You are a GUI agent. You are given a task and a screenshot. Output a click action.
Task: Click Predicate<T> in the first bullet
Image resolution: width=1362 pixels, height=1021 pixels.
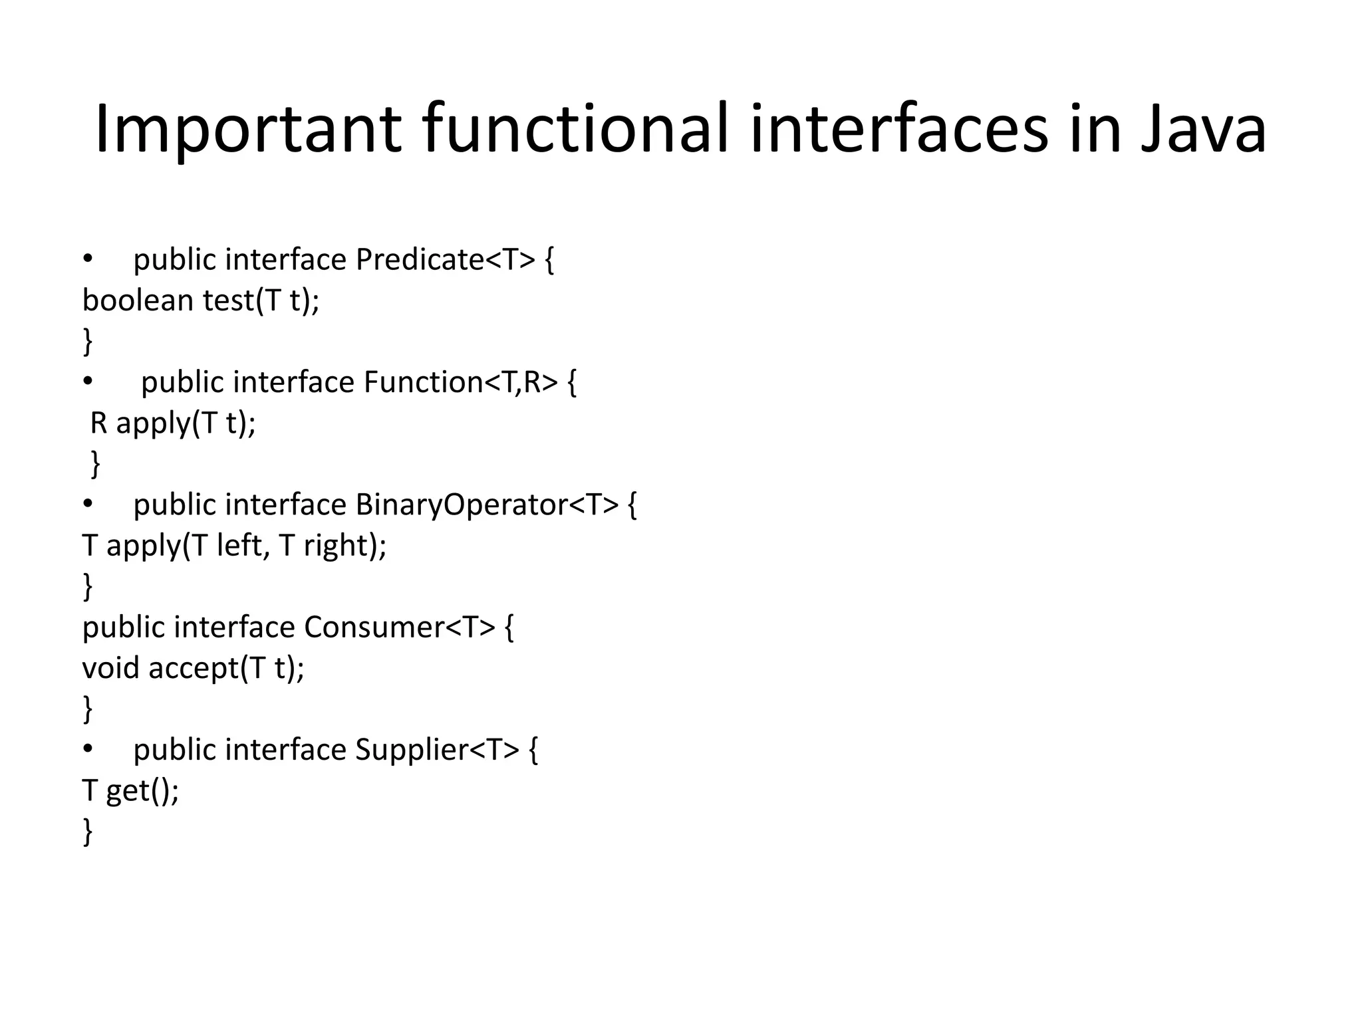coord(445,259)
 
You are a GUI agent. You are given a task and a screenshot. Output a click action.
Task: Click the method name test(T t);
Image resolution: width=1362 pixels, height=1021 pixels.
coord(261,300)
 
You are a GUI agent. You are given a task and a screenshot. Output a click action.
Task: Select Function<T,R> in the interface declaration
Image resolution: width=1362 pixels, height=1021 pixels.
coord(460,382)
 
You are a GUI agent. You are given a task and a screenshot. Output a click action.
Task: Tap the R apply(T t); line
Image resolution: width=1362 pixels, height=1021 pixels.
coord(173,423)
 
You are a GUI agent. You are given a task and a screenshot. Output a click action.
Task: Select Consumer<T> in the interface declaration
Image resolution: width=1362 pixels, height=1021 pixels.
coord(400,627)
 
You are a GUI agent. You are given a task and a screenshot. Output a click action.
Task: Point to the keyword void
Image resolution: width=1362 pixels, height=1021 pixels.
coord(110,668)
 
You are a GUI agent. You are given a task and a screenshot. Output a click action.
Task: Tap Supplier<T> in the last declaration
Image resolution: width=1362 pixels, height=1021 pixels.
coord(437,750)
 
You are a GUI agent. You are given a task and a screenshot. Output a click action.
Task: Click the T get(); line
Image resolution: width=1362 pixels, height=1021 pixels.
coord(130,791)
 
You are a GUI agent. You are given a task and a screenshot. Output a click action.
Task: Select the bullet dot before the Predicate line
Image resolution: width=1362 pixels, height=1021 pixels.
coord(88,259)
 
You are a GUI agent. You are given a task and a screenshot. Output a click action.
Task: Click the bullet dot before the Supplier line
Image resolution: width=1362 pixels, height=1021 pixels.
coord(88,750)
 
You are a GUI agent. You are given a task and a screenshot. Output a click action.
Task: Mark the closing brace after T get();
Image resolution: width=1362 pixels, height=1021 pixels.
coord(87,832)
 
